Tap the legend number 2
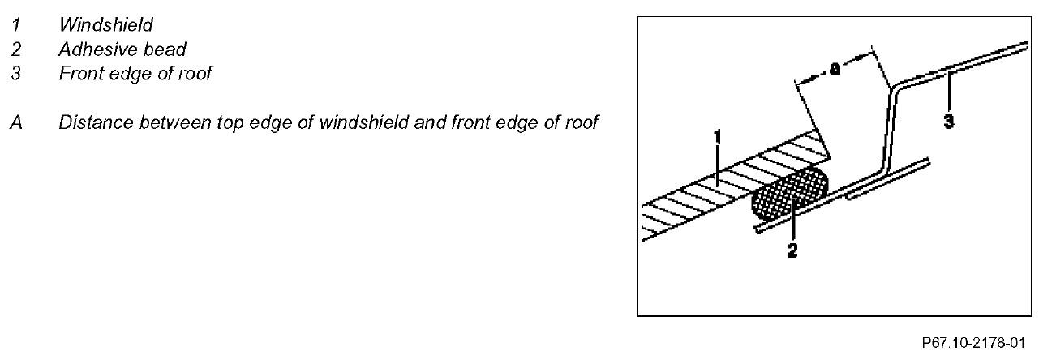point(15,49)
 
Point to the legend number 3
point(15,74)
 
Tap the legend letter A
point(15,123)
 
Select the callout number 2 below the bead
point(792,251)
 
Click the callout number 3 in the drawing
point(948,122)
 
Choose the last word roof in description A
point(579,123)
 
